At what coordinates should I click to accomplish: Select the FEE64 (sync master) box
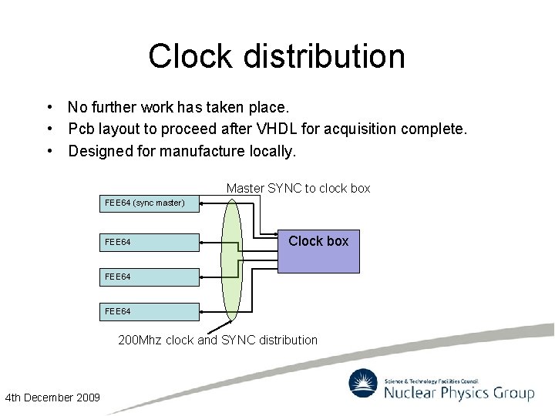coord(150,203)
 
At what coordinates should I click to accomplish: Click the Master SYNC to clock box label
coord(298,188)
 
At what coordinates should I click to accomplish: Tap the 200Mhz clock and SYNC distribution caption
coord(217,340)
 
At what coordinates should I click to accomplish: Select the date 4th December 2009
coord(52,398)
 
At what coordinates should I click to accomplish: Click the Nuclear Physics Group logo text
coord(459,394)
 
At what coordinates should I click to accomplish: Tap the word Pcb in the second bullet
coord(82,129)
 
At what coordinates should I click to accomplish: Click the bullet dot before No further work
coord(49,107)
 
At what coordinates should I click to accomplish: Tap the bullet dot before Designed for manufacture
coord(49,151)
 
